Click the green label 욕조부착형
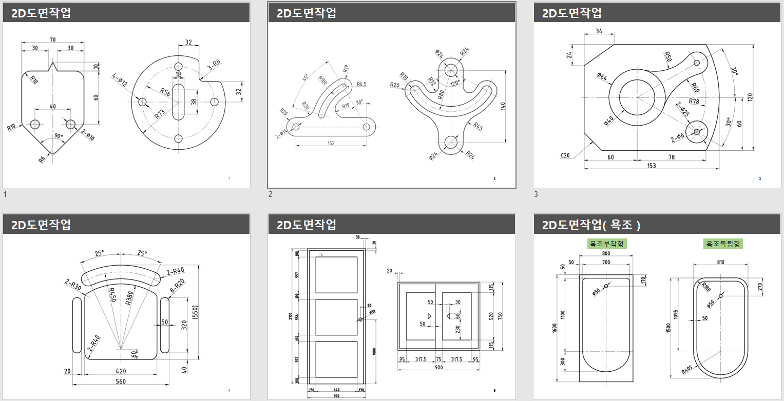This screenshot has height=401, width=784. (607, 244)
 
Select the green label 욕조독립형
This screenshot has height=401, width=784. (723, 244)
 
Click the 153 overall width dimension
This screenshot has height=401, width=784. (638, 166)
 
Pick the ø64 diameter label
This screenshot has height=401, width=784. (602, 77)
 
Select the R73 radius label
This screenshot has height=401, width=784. (160, 112)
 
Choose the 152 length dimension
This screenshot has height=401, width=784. (331, 143)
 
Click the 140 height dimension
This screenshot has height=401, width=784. (503, 106)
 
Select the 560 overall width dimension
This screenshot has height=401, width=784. (120, 381)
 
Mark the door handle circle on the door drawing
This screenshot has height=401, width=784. (361, 319)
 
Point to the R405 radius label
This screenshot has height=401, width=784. (687, 369)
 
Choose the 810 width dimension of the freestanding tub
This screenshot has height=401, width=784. (720, 262)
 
